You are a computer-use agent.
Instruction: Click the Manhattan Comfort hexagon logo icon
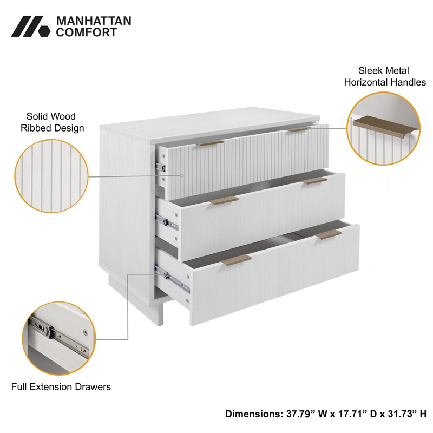pyautogui.click(x=30, y=27)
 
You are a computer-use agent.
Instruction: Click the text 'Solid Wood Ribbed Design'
pyautogui.click(x=52, y=122)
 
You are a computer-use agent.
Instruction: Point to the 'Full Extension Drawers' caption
pyautogui.click(x=61, y=387)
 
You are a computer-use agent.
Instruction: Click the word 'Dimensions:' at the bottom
pyautogui.click(x=252, y=414)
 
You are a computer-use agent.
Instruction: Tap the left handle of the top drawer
pyautogui.click(x=211, y=143)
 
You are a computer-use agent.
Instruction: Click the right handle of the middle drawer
pyautogui.click(x=314, y=181)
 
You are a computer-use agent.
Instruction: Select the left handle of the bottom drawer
pyautogui.click(x=237, y=259)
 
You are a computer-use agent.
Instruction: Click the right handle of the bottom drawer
pyautogui.click(x=329, y=234)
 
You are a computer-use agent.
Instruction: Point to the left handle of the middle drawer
pyautogui.click(x=224, y=200)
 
